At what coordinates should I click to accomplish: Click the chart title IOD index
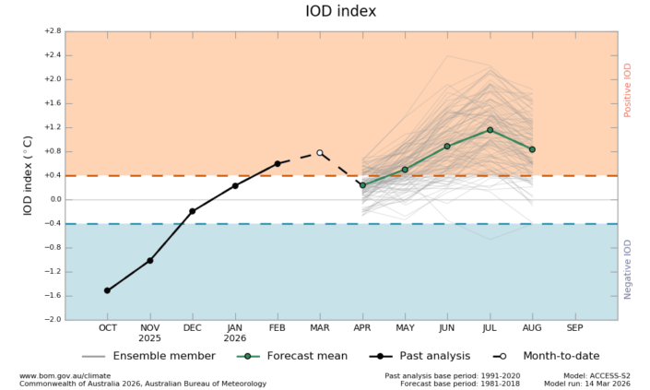click(341, 12)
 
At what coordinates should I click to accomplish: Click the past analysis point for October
click(107, 290)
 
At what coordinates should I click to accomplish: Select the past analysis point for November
click(149, 260)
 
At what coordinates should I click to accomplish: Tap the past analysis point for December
click(192, 211)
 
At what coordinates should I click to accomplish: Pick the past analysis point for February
click(277, 163)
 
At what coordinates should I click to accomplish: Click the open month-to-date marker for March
click(320, 153)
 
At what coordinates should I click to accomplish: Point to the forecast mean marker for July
click(490, 130)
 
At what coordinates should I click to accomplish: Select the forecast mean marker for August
click(532, 149)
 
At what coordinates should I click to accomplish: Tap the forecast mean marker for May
click(405, 170)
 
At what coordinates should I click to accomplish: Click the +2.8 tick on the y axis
click(51, 31)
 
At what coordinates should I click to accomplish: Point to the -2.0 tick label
click(51, 320)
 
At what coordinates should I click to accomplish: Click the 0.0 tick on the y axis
click(53, 199)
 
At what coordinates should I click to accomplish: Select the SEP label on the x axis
click(574, 328)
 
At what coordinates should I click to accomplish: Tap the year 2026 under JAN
click(234, 339)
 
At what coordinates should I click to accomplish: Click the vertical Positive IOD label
click(629, 89)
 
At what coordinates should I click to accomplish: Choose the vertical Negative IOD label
click(629, 268)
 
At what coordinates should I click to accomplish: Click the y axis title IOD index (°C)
click(28, 175)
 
